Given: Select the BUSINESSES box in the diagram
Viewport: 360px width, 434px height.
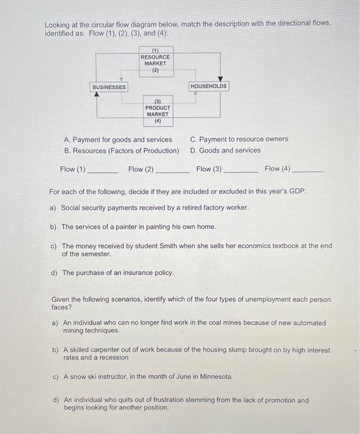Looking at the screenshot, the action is point(109,87).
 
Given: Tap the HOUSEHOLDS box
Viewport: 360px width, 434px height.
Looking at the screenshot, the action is point(209,87).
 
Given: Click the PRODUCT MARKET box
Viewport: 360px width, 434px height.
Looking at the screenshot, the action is point(158,110).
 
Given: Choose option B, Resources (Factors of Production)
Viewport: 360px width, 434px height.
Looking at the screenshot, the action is point(122,151).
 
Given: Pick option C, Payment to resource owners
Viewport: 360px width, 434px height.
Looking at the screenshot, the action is point(239,139).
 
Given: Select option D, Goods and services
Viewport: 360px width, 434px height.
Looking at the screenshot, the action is point(225,151).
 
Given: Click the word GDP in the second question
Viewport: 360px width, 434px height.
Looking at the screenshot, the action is point(299,192).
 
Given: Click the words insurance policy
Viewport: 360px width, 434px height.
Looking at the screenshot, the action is point(148,273).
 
